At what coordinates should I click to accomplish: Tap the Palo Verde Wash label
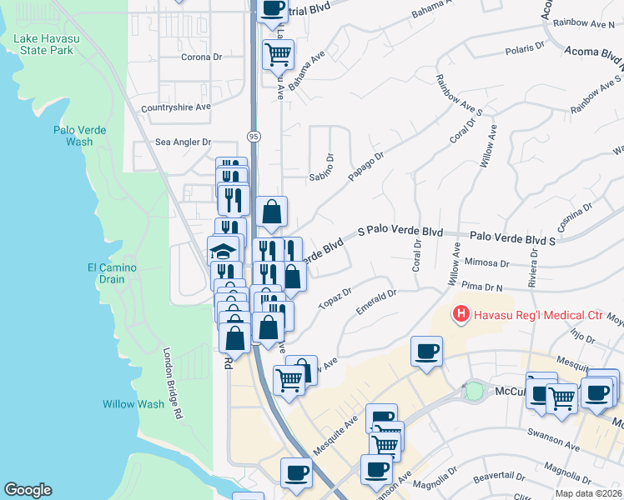point(73,135)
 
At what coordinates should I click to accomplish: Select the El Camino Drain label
point(111,273)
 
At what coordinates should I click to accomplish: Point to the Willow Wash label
point(133,404)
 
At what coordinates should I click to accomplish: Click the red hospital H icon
point(460,314)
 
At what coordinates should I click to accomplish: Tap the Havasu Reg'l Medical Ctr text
point(538,315)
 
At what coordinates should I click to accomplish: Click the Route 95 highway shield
point(252,136)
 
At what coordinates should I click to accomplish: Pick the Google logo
point(28,490)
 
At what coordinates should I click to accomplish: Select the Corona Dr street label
point(201,57)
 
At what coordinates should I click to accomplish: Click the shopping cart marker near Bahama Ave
point(278,55)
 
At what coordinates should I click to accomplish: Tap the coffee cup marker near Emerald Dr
point(427,350)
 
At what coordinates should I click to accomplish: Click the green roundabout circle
point(474,390)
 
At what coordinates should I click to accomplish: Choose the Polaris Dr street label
point(525,50)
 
